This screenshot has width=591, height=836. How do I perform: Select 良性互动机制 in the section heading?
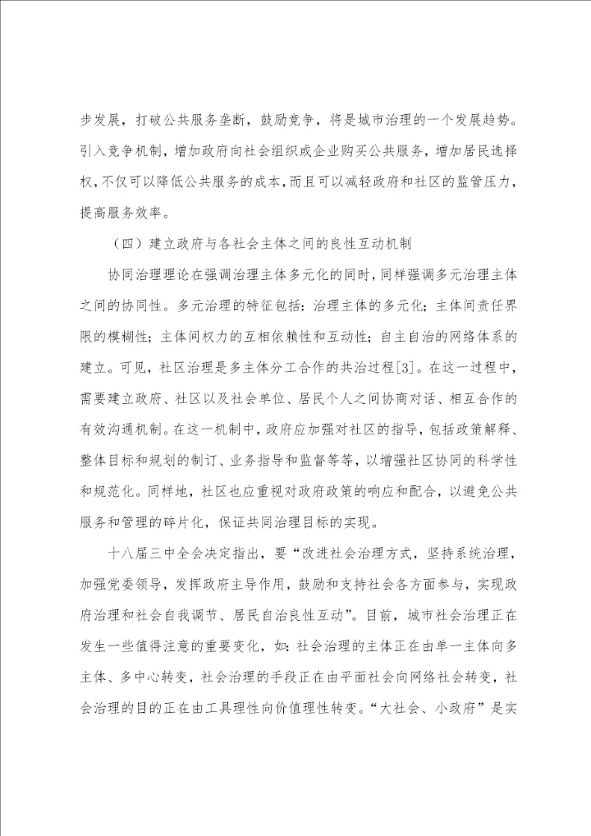(376, 244)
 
